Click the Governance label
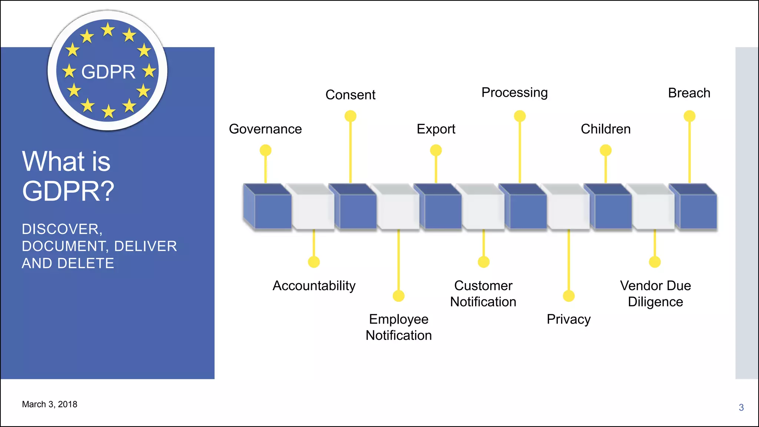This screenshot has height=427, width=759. pos(265,129)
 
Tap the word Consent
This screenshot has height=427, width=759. pos(350,95)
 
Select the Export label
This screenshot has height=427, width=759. pos(436,129)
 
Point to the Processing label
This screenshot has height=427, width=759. pos(514,93)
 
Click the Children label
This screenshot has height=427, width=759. pos(606,129)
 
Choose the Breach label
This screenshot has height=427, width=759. pos(689,93)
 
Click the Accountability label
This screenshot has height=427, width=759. pos(314,286)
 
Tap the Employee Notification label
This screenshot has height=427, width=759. pos(398,327)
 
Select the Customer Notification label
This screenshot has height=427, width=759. pos(483,294)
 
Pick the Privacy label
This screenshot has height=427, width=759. pos(569,319)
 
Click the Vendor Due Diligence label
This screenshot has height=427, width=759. pos(655,294)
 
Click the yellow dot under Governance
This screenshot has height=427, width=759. pos(265,150)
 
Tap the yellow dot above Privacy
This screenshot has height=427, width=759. pos(569,296)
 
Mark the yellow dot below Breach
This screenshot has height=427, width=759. pos(689,116)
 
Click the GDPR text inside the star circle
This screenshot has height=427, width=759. pos(108,72)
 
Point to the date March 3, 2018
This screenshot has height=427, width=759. pos(50,404)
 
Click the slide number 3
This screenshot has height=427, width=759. pos(741,408)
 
